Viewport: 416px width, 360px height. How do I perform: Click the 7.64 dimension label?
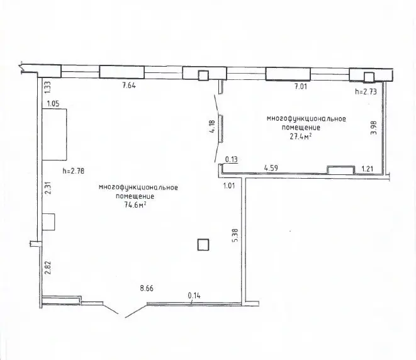pos(129,86)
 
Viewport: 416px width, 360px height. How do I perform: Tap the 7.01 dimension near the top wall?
pos(301,86)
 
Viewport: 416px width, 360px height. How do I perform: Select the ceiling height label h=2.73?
pos(366,92)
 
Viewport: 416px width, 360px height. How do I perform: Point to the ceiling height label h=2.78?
pos(74,171)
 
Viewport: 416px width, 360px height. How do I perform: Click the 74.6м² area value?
pos(135,205)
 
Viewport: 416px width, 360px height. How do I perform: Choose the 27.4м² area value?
pos(300,137)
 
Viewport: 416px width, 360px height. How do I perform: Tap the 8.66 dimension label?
pos(147,288)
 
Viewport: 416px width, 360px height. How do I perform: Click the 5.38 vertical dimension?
pos(235,235)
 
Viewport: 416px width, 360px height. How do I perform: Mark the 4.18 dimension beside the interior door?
pos(212,127)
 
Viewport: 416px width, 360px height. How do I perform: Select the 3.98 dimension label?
pos(374,128)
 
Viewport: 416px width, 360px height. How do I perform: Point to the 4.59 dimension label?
pos(271,168)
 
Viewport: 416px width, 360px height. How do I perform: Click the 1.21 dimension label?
pos(368,169)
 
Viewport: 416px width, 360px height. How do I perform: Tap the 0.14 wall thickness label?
pos(194,296)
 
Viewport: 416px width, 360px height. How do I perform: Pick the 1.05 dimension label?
pos(53,103)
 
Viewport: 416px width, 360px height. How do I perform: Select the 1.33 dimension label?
pos(47,87)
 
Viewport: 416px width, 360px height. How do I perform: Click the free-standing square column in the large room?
pos(203,245)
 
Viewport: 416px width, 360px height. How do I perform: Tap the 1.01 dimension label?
pos(229,186)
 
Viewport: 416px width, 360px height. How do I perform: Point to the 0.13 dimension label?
pos(232,159)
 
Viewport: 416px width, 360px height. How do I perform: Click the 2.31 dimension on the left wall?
pos(48,188)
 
